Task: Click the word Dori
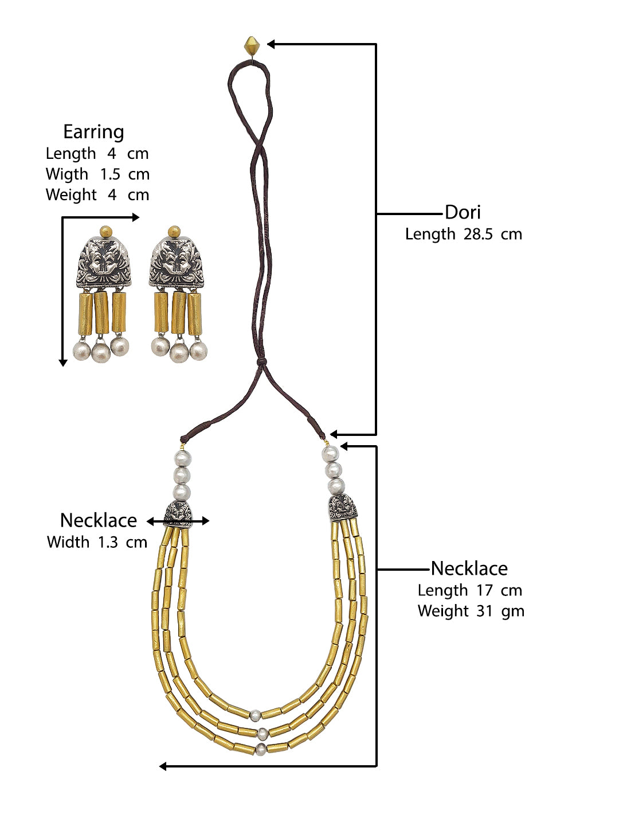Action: click(463, 212)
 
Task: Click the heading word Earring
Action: click(93, 132)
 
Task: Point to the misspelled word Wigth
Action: click(66, 174)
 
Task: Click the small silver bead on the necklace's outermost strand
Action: click(261, 748)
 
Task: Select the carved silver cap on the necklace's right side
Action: click(342, 508)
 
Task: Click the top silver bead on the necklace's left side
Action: click(182, 459)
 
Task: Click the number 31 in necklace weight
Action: click(484, 611)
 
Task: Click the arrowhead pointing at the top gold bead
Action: click(272, 44)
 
